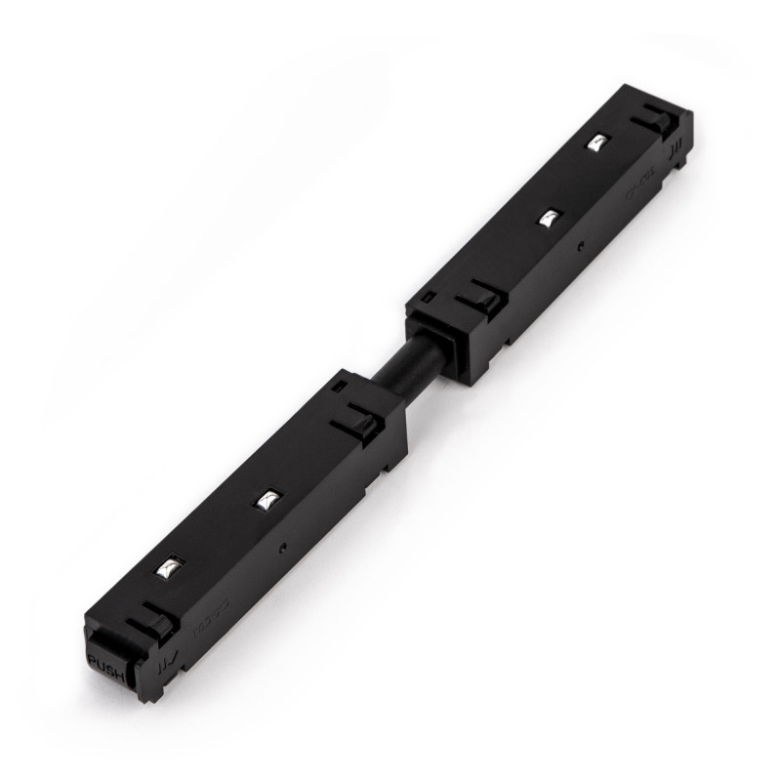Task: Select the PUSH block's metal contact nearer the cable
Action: [x=266, y=501]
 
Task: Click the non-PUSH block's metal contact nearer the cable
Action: [x=551, y=217]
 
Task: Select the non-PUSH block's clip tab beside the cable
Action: [x=480, y=294]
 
